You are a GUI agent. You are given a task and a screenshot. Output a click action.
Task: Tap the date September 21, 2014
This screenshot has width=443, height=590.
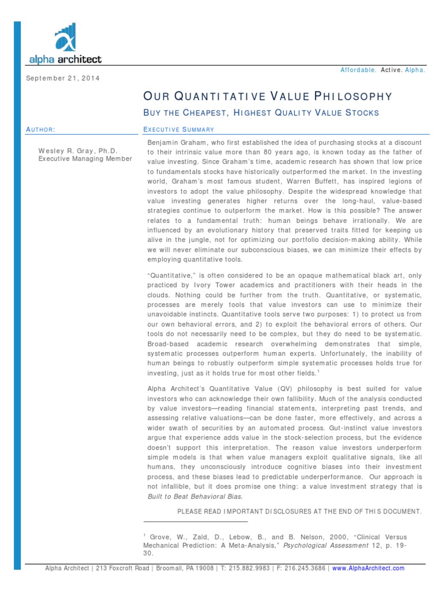63,78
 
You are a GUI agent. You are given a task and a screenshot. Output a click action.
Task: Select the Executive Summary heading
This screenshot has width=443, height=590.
178,130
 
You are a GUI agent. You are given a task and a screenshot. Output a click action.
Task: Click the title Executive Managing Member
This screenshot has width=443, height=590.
85,159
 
